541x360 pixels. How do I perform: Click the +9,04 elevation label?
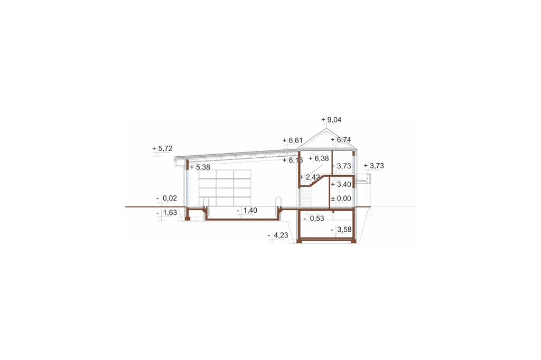point(331,120)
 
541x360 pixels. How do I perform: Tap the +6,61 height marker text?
point(293,140)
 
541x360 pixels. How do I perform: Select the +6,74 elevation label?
point(341,140)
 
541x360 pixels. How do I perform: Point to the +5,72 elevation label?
point(162,149)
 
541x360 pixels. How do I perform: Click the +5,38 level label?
point(200,167)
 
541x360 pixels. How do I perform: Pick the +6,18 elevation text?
point(293,160)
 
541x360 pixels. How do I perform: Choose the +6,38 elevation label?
point(319,158)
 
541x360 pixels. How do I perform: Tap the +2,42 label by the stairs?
point(310,177)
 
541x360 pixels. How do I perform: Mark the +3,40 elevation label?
point(341,184)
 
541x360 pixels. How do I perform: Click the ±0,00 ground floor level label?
point(341,198)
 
